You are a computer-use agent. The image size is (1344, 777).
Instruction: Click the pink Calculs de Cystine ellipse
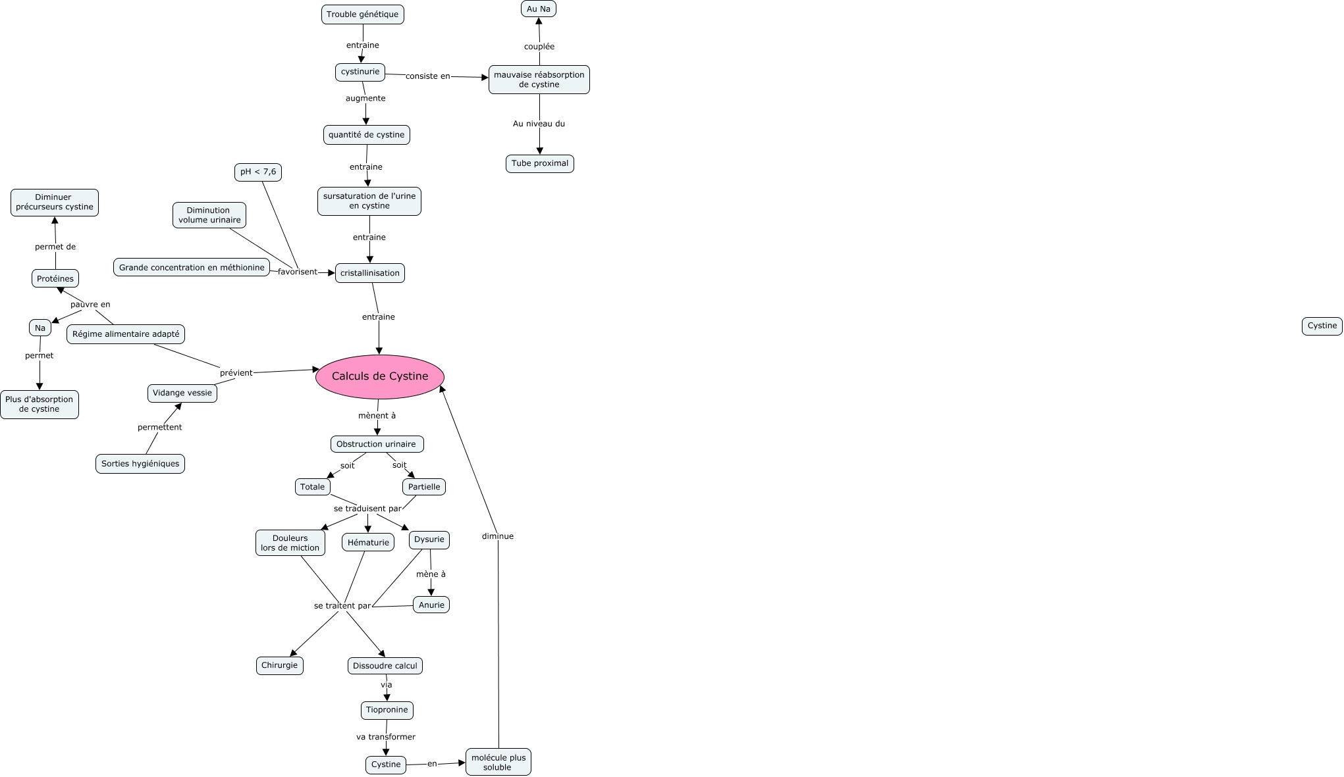pyautogui.click(x=380, y=376)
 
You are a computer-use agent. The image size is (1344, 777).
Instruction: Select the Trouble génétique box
pyautogui.click(x=362, y=14)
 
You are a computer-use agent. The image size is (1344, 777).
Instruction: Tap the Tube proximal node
pyautogui.click(x=539, y=163)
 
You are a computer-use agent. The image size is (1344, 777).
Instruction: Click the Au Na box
pyautogui.click(x=538, y=9)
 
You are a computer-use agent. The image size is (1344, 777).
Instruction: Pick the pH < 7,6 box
pyautogui.click(x=258, y=172)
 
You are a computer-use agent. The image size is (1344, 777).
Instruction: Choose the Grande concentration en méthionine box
pyautogui.click(x=192, y=268)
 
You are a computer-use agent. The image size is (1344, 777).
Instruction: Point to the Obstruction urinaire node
pyautogui.click(x=376, y=444)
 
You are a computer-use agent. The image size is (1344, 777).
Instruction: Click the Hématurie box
pyautogui.click(x=368, y=543)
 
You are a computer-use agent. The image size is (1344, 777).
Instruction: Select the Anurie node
pyautogui.click(x=431, y=605)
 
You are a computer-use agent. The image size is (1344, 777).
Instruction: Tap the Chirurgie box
pyautogui.click(x=279, y=665)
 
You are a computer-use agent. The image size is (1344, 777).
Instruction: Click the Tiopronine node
pyautogui.click(x=387, y=710)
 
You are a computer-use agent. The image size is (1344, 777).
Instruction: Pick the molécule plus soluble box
pyautogui.click(x=498, y=762)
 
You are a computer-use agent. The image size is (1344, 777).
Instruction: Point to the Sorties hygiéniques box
pyautogui.click(x=140, y=464)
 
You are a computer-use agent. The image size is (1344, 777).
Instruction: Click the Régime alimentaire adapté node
pyautogui.click(x=126, y=334)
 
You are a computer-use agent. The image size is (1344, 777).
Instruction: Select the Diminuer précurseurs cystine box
pyautogui.click(x=54, y=202)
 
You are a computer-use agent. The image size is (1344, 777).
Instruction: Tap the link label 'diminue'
pyautogui.click(x=497, y=536)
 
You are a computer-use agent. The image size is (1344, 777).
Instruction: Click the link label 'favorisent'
pyautogui.click(x=297, y=272)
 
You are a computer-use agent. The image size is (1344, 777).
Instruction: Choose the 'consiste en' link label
pyautogui.click(x=427, y=76)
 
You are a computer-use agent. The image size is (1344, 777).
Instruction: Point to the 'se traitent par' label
pyautogui.click(x=342, y=606)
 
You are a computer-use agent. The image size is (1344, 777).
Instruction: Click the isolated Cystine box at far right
pyautogui.click(x=1322, y=326)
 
